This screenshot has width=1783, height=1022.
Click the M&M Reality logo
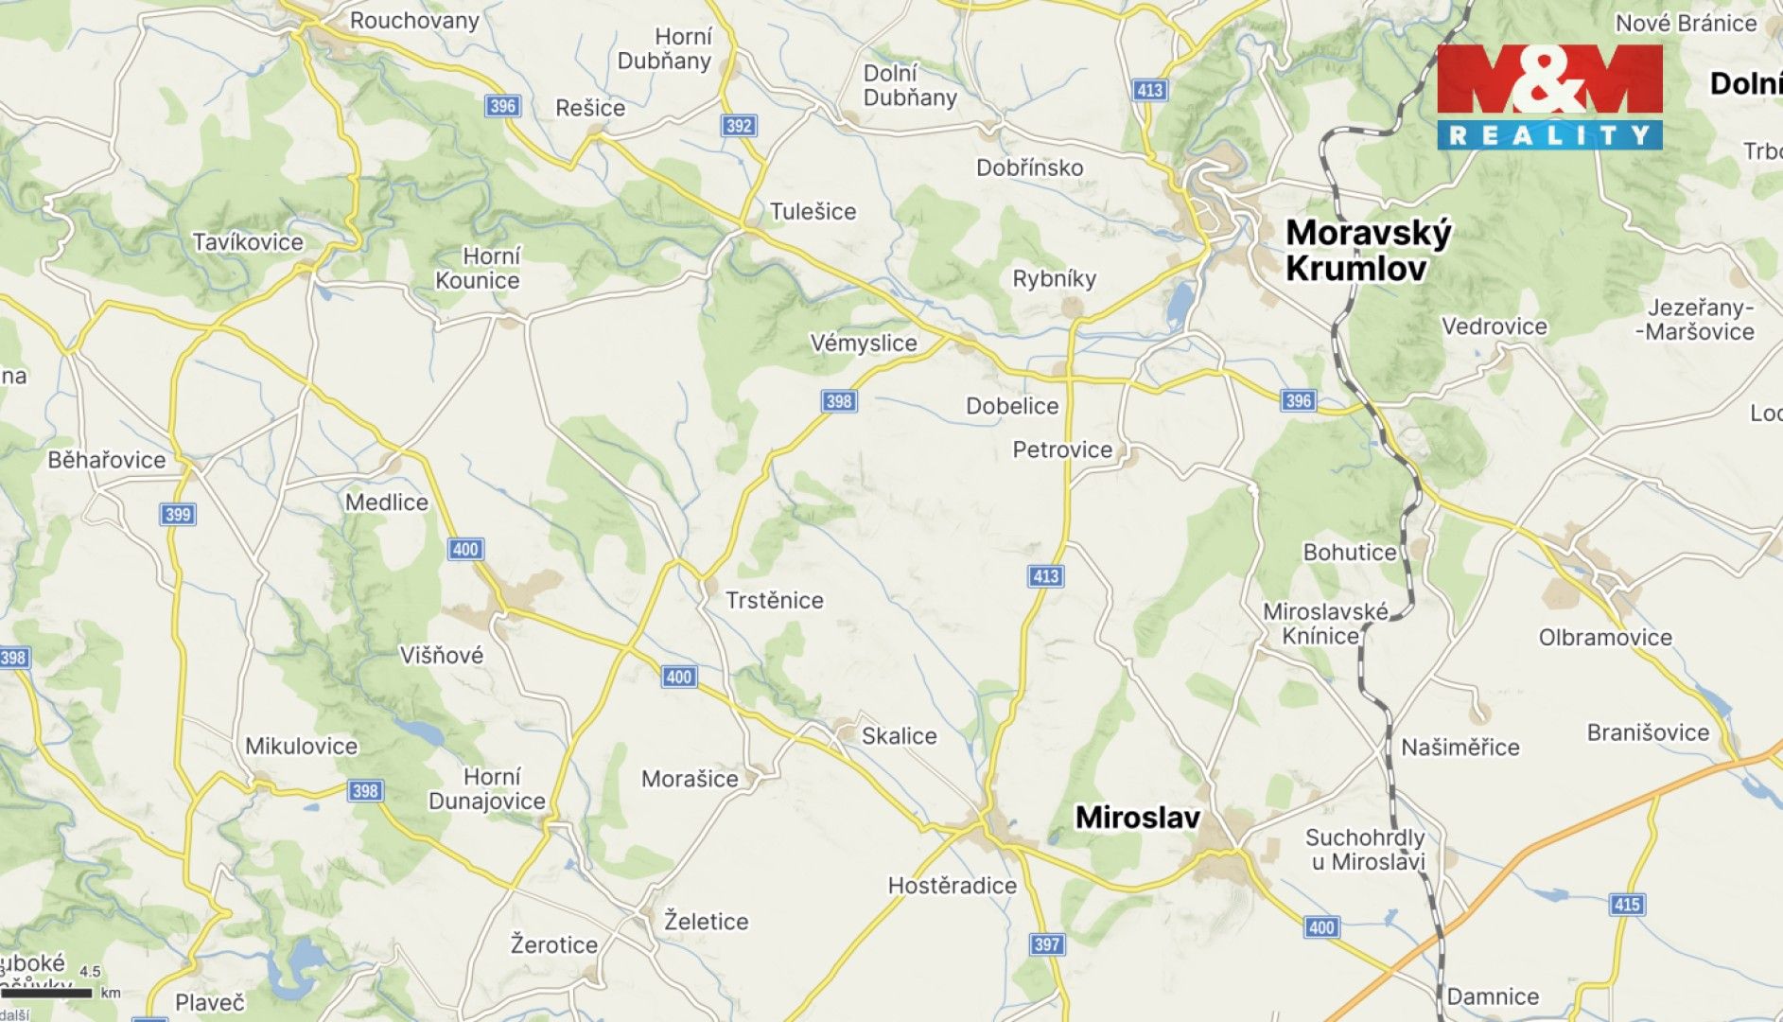pyautogui.click(x=1549, y=97)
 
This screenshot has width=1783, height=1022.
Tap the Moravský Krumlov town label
pyautogui.click(x=1368, y=251)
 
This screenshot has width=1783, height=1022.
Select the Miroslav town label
pyautogui.click(x=1137, y=818)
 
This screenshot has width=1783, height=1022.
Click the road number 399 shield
pyautogui.click(x=178, y=515)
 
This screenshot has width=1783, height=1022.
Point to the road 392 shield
pyautogui.click(x=739, y=126)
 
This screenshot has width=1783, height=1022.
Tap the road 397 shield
pyautogui.click(x=1047, y=944)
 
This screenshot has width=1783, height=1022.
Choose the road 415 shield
pyautogui.click(x=1626, y=905)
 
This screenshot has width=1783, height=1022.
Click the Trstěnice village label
pyautogui.click(x=774, y=600)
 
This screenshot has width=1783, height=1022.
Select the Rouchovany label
pyautogui.click(x=414, y=21)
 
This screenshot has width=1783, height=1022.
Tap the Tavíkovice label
pyautogui.click(x=248, y=242)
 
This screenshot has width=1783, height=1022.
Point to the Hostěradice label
pyautogui.click(x=952, y=886)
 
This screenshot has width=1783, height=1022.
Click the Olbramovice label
pyautogui.click(x=1605, y=638)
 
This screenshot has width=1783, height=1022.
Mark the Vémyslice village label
pyautogui.click(x=864, y=344)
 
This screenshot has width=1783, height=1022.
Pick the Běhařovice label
pyautogui.click(x=107, y=461)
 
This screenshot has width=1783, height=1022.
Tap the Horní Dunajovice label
pyautogui.click(x=488, y=789)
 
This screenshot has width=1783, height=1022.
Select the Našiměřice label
pyautogui.click(x=1460, y=748)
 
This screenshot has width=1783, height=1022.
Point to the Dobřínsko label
pyautogui.click(x=1029, y=168)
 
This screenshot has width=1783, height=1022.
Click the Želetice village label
pyautogui.click(x=706, y=922)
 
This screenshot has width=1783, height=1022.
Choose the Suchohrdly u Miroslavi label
pyautogui.click(x=1365, y=850)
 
